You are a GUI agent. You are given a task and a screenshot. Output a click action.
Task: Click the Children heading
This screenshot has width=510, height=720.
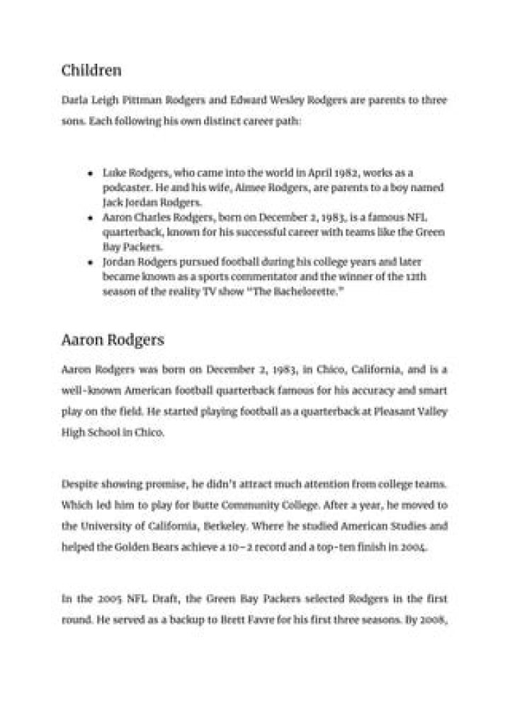click(x=91, y=71)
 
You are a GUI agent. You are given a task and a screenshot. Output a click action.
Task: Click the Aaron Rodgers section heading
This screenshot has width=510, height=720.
click(x=113, y=340)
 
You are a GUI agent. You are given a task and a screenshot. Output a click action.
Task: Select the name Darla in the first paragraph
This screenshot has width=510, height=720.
click(x=74, y=101)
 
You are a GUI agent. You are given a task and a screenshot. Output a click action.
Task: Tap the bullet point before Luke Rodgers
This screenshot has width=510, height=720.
click(x=91, y=173)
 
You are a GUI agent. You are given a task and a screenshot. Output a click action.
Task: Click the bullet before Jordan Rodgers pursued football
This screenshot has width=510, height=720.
click(x=91, y=261)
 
